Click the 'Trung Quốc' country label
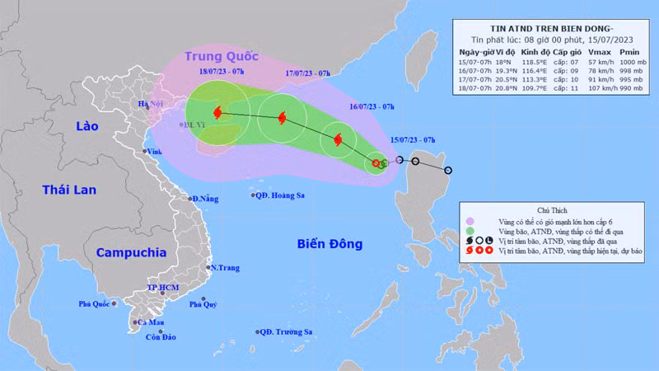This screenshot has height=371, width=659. pos(222,56)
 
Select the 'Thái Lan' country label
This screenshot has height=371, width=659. pos(69,190)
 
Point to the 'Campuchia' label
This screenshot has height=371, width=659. pos(131,252)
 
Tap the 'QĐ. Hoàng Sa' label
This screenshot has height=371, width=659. pos(281,195)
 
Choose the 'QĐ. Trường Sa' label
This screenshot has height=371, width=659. pos(286,332)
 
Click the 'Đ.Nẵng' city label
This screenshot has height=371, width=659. pos(206,199)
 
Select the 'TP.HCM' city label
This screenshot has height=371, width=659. pos(163,287)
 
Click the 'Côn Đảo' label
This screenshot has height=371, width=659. pos(161,337)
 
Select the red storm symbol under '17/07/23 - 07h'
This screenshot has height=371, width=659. pos(283,119)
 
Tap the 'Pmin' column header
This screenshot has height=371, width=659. pos(631,51)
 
